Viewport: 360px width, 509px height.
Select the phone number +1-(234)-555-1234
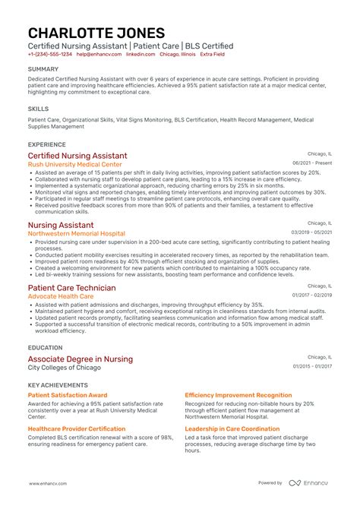tap(50, 55)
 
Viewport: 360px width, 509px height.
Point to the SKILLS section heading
tap(37, 109)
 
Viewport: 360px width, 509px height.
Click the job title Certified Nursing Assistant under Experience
tap(77, 156)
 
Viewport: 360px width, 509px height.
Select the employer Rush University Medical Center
tap(74, 164)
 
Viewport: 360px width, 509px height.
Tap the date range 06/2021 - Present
tap(312, 163)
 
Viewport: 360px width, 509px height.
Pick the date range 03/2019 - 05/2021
tap(311, 232)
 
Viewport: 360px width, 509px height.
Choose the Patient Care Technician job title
tap(72, 288)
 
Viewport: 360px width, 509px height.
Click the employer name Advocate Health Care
tap(62, 296)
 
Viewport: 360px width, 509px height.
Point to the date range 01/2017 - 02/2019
tap(311, 296)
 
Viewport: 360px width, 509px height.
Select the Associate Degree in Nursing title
tap(80, 359)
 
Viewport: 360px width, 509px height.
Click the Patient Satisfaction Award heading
tap(68, 395)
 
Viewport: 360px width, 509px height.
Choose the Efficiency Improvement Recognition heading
tap(238, 395)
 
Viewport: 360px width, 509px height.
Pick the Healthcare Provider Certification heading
tap(77, 428)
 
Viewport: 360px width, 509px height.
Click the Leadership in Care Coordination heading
tap(232, 428)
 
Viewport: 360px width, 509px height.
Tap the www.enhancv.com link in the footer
tap(51, 483)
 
